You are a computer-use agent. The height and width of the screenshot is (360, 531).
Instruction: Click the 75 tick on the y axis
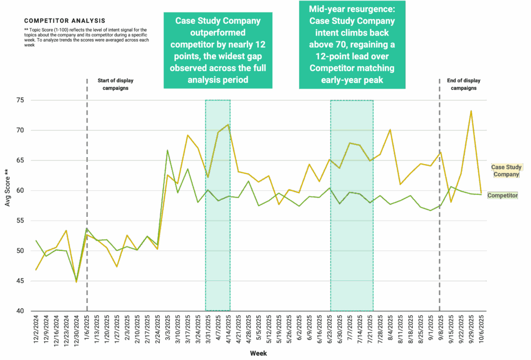click(x=21, y=100)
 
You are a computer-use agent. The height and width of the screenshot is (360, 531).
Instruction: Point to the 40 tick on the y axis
click(x=21, y=311)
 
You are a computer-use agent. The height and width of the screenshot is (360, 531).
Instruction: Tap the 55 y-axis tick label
click(x=21, y=221)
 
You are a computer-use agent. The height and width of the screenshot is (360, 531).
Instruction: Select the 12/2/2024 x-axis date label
click(x=36, y=329)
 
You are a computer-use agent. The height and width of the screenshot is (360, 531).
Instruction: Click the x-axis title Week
click(x=258, y=353)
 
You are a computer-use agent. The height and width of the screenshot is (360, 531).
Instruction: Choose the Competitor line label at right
click(x=502, y=196)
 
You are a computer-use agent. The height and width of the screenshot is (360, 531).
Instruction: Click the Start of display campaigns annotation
click(x=113, y=84)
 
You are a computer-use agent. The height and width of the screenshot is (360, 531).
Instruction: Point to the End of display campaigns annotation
click(x=463, y=84)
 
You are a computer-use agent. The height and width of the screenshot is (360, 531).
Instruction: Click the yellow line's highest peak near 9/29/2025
click(x=470, y=111)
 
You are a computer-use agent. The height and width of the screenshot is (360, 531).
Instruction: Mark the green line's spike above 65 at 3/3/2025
click(x=167, y=151)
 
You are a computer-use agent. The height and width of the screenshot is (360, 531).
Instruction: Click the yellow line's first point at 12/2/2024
click(x=36, y=270)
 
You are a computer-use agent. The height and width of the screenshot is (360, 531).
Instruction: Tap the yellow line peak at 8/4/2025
click(x=390, y=130)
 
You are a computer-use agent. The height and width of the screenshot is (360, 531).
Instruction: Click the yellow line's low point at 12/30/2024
click(x=76, y=282)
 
